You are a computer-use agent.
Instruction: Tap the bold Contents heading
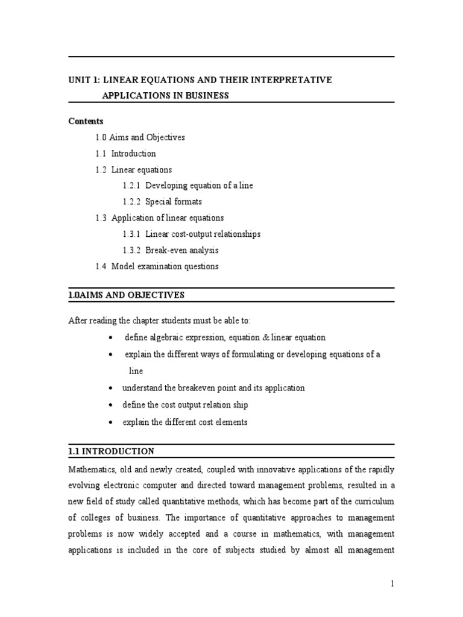86,121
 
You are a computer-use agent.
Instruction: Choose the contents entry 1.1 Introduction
125,154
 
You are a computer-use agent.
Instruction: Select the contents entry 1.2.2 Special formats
165,202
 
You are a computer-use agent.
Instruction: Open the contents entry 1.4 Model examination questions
157,266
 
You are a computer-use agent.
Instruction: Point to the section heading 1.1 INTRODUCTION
111,451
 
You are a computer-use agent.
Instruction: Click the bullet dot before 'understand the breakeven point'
110,389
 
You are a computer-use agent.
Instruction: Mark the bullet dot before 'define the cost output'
110,406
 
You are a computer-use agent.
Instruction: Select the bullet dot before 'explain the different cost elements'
110,423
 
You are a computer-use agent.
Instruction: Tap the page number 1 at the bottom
391,584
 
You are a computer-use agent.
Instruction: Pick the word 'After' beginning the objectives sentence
78,320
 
